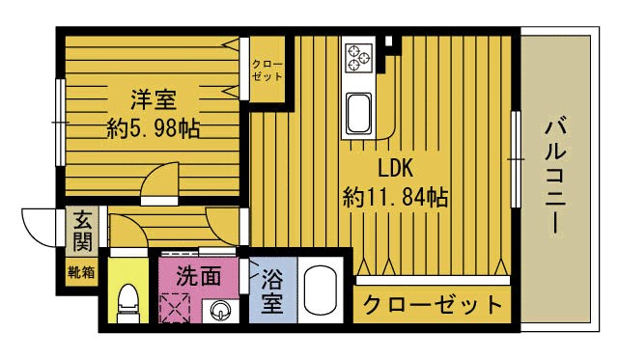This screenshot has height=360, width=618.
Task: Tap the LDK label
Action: (x=395, y=168)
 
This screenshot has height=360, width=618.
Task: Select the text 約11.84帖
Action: (x=395, y=197)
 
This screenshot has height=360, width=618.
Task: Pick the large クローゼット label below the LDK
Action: (x=433, y=306)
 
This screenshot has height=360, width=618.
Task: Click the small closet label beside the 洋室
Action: (x=267, y=69)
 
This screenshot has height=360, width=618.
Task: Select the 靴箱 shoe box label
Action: (x=81, y=272)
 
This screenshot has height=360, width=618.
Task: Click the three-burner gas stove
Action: (x=359, y=56)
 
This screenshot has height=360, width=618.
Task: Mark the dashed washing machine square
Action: (x=178, y=312)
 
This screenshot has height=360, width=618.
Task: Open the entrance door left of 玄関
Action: (x=41, y=228)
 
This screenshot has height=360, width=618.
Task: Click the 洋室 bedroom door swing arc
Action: (x=158, y=181)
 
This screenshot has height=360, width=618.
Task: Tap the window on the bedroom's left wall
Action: (x=61, y=122)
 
